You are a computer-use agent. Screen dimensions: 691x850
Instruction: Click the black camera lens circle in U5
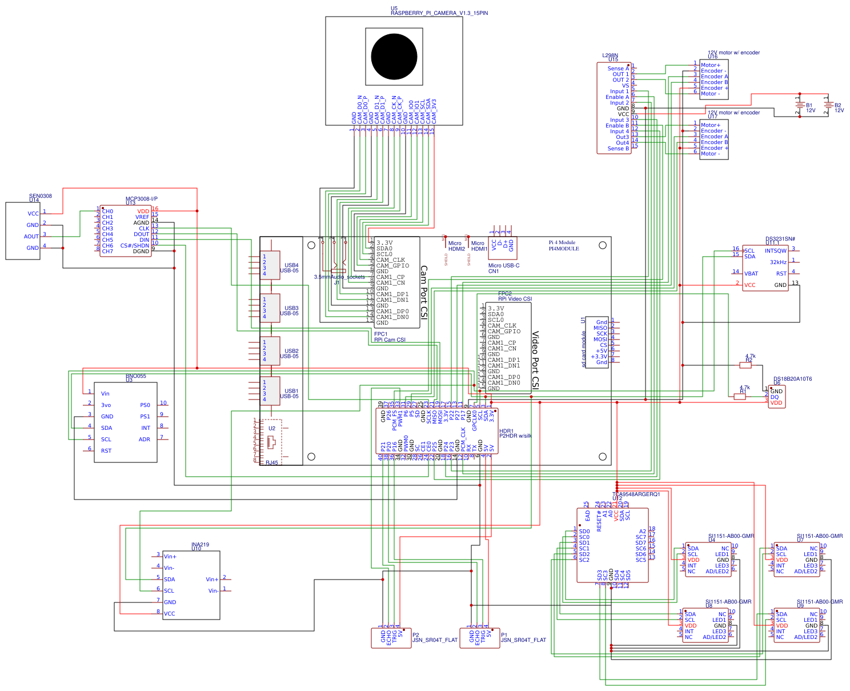click(x=394, y=57)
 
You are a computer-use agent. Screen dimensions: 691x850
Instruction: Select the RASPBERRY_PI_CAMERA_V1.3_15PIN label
click(x=439, y=13)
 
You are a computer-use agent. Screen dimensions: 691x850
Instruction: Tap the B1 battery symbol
click(x=800, y=105)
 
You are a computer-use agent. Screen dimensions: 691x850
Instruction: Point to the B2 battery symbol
click(x=828, y=105)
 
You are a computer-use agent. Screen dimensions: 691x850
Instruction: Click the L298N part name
click(x=610, y=55)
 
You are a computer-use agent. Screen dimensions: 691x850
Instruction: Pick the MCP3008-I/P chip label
click(x=141, y=199)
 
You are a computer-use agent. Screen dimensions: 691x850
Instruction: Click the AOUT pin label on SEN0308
click(x=31, y=237)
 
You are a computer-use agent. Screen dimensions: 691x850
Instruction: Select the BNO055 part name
click(x=136, y=376)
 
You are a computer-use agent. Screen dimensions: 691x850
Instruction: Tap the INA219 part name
click(x=200, y=545)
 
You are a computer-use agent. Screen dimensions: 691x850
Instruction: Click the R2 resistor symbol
click(x=745, y=365)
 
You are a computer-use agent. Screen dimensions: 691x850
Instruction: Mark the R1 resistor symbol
click(x=740, y=396)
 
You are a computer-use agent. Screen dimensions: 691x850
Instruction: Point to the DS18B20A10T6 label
click(x=792, y=379)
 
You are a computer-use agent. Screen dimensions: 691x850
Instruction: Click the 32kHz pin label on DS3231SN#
click(x=778, y=262)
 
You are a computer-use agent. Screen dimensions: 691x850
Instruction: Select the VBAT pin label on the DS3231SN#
click(x=751, y=274)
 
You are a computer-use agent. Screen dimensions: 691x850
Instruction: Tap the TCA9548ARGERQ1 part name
click(x=636, y=494)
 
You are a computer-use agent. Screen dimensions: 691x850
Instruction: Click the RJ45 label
click(x=271, y=463)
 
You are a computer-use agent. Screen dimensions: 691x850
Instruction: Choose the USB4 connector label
click(x=291, y=265)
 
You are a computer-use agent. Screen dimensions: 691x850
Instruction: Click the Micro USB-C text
click(x=503, y=266)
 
